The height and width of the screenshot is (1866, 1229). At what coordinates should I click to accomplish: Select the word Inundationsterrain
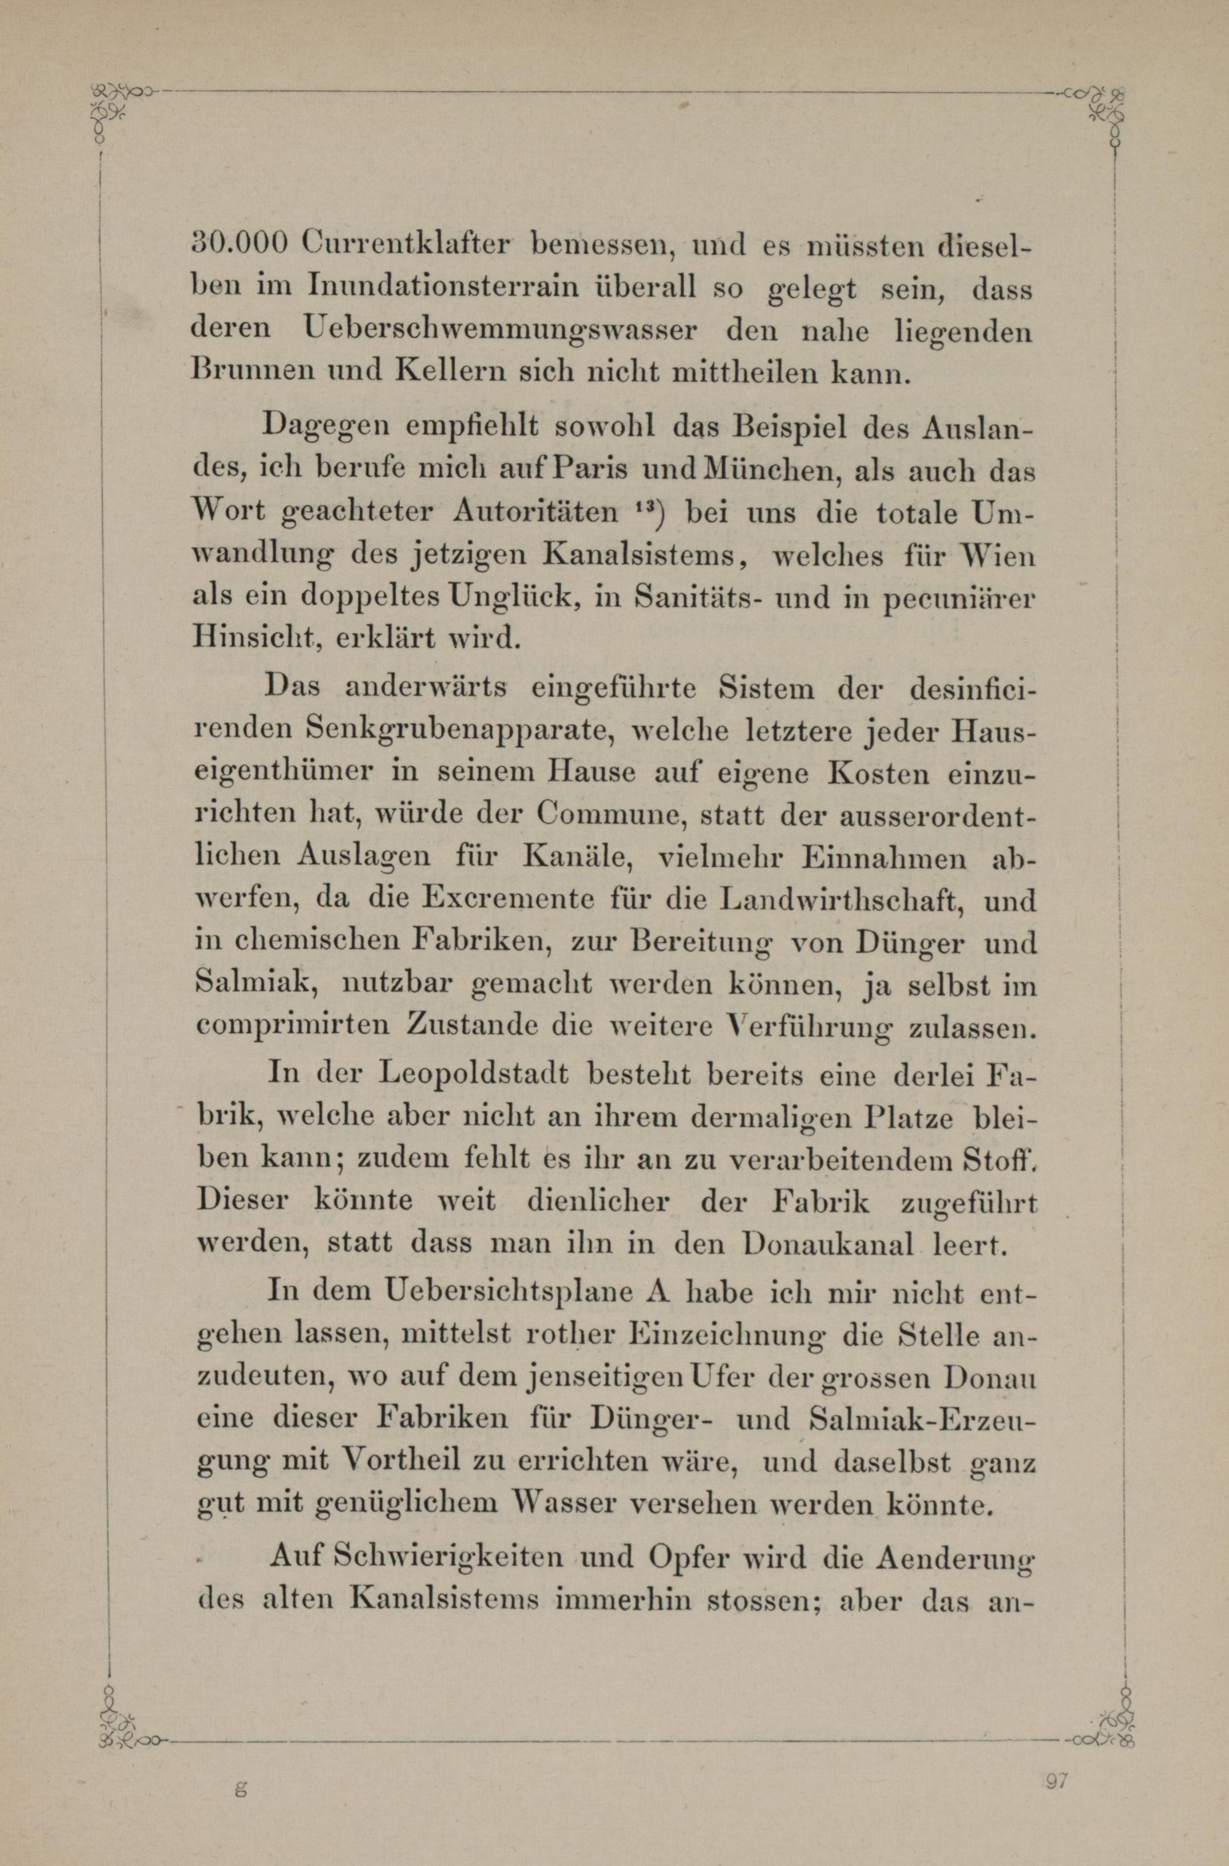tap(444, 287)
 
